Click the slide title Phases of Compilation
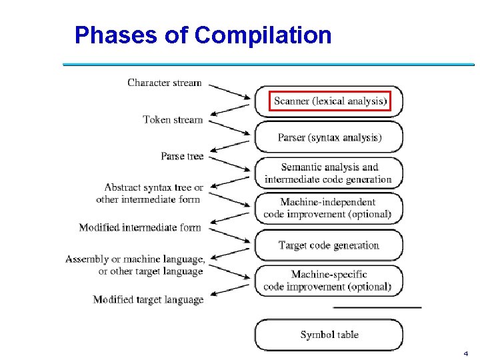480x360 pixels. tap(203, 35)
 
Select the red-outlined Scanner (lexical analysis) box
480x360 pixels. tap(329, 101)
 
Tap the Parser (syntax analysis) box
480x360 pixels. tap(329, 137)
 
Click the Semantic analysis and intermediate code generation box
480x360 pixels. tap(329, 173)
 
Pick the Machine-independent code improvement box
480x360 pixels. tap(329, 208)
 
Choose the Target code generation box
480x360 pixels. tap(329, 245)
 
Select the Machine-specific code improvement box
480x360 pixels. tap(329, 281)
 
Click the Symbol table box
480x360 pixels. tap(329, 335)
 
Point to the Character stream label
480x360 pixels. tap(164, 83)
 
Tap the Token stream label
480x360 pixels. tap(173, 119)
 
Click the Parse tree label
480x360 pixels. tap(182, 156)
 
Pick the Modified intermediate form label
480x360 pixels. tap(140, 227)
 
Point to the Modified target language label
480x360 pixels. tap(148, 299)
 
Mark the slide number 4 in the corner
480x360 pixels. tap(465, 353)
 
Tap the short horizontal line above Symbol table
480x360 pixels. tap(377, 307)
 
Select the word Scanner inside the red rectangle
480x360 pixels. tap(292, 101)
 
